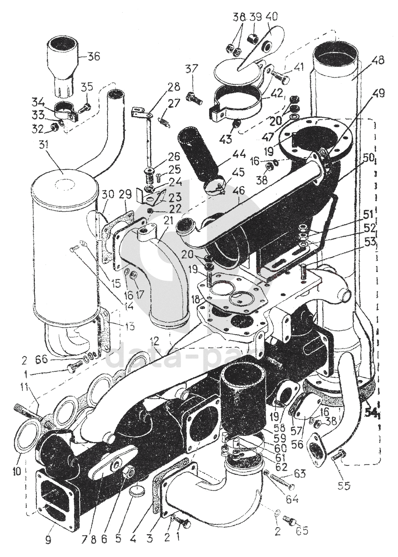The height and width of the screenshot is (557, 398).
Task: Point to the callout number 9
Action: coord(48,540)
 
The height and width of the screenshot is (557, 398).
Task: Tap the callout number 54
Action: coord(372,413)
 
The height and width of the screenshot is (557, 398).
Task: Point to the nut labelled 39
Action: coord(254,38)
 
